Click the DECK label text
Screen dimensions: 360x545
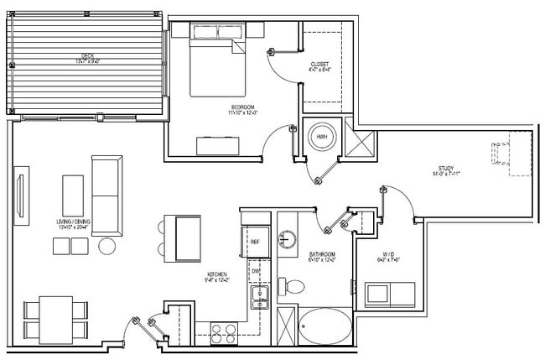[x=82, y=56]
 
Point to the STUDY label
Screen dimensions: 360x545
[x=444, y=169]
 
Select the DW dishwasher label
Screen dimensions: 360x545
[x=256, y=271]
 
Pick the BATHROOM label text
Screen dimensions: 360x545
[x=321, y=254]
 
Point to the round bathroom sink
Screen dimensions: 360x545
[x=289, y=239]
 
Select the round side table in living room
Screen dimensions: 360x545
[x=107, y=246]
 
